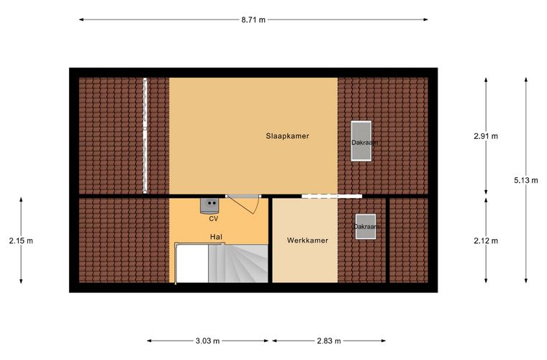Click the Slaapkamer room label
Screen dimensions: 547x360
[287, 136]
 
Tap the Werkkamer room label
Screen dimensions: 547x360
[307, 240]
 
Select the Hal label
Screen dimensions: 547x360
[216, 237]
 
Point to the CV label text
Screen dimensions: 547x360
[213, 219]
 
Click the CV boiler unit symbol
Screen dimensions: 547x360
[209, 205]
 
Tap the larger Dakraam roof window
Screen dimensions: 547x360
[361, 141]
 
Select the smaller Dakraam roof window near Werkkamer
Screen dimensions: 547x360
[366, 226]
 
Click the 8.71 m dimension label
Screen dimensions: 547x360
[253, 20]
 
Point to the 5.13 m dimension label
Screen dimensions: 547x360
[525, 180]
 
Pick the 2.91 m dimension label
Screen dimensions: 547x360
[486, 136]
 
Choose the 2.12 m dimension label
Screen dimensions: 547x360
[486, 240]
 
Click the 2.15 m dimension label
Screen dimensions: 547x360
[21, 240]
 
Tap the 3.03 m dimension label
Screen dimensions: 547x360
[207, 341]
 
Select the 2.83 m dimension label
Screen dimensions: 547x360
[329, 341]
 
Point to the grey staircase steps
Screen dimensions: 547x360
[238, 264]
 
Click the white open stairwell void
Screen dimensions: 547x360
[193, 264]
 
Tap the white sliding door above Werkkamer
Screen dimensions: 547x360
[332, 197]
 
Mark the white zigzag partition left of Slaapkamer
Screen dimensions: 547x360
[145, 135]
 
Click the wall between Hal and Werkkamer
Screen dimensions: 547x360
[271, 240]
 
